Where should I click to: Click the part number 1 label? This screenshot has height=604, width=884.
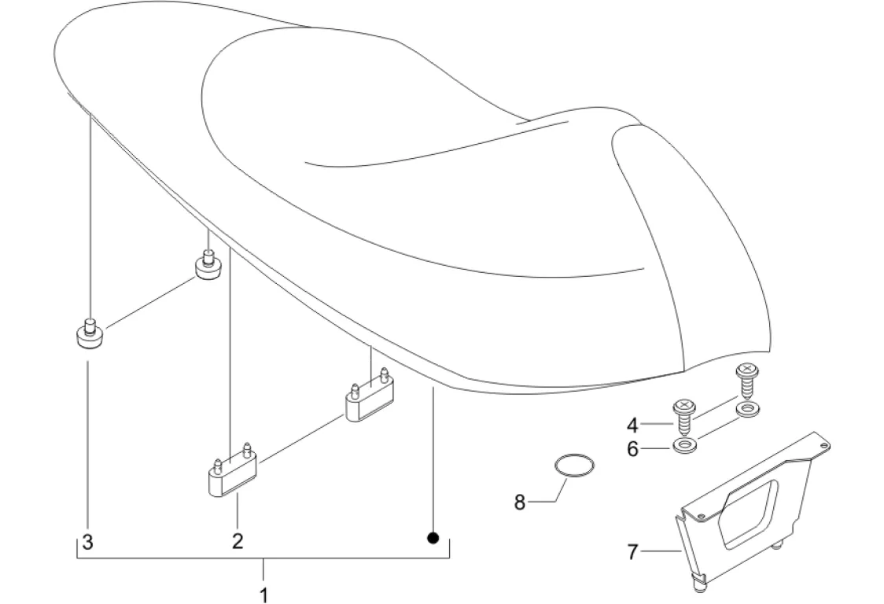[x=264, y=594]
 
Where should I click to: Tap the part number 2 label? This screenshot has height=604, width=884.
[x=237, y=541]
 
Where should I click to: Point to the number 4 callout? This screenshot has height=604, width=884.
[x=632, y=425]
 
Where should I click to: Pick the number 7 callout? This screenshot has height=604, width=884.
[x=632, y=552]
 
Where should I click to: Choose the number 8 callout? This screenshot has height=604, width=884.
[x=519, y=502]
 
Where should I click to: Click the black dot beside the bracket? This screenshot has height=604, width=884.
[x=432, y=538]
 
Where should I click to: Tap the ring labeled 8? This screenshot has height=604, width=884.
[x=573, y=465]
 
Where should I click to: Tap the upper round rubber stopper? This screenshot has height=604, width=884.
[x=207, y=268]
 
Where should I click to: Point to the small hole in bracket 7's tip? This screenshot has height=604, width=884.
[x=823, y=447]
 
